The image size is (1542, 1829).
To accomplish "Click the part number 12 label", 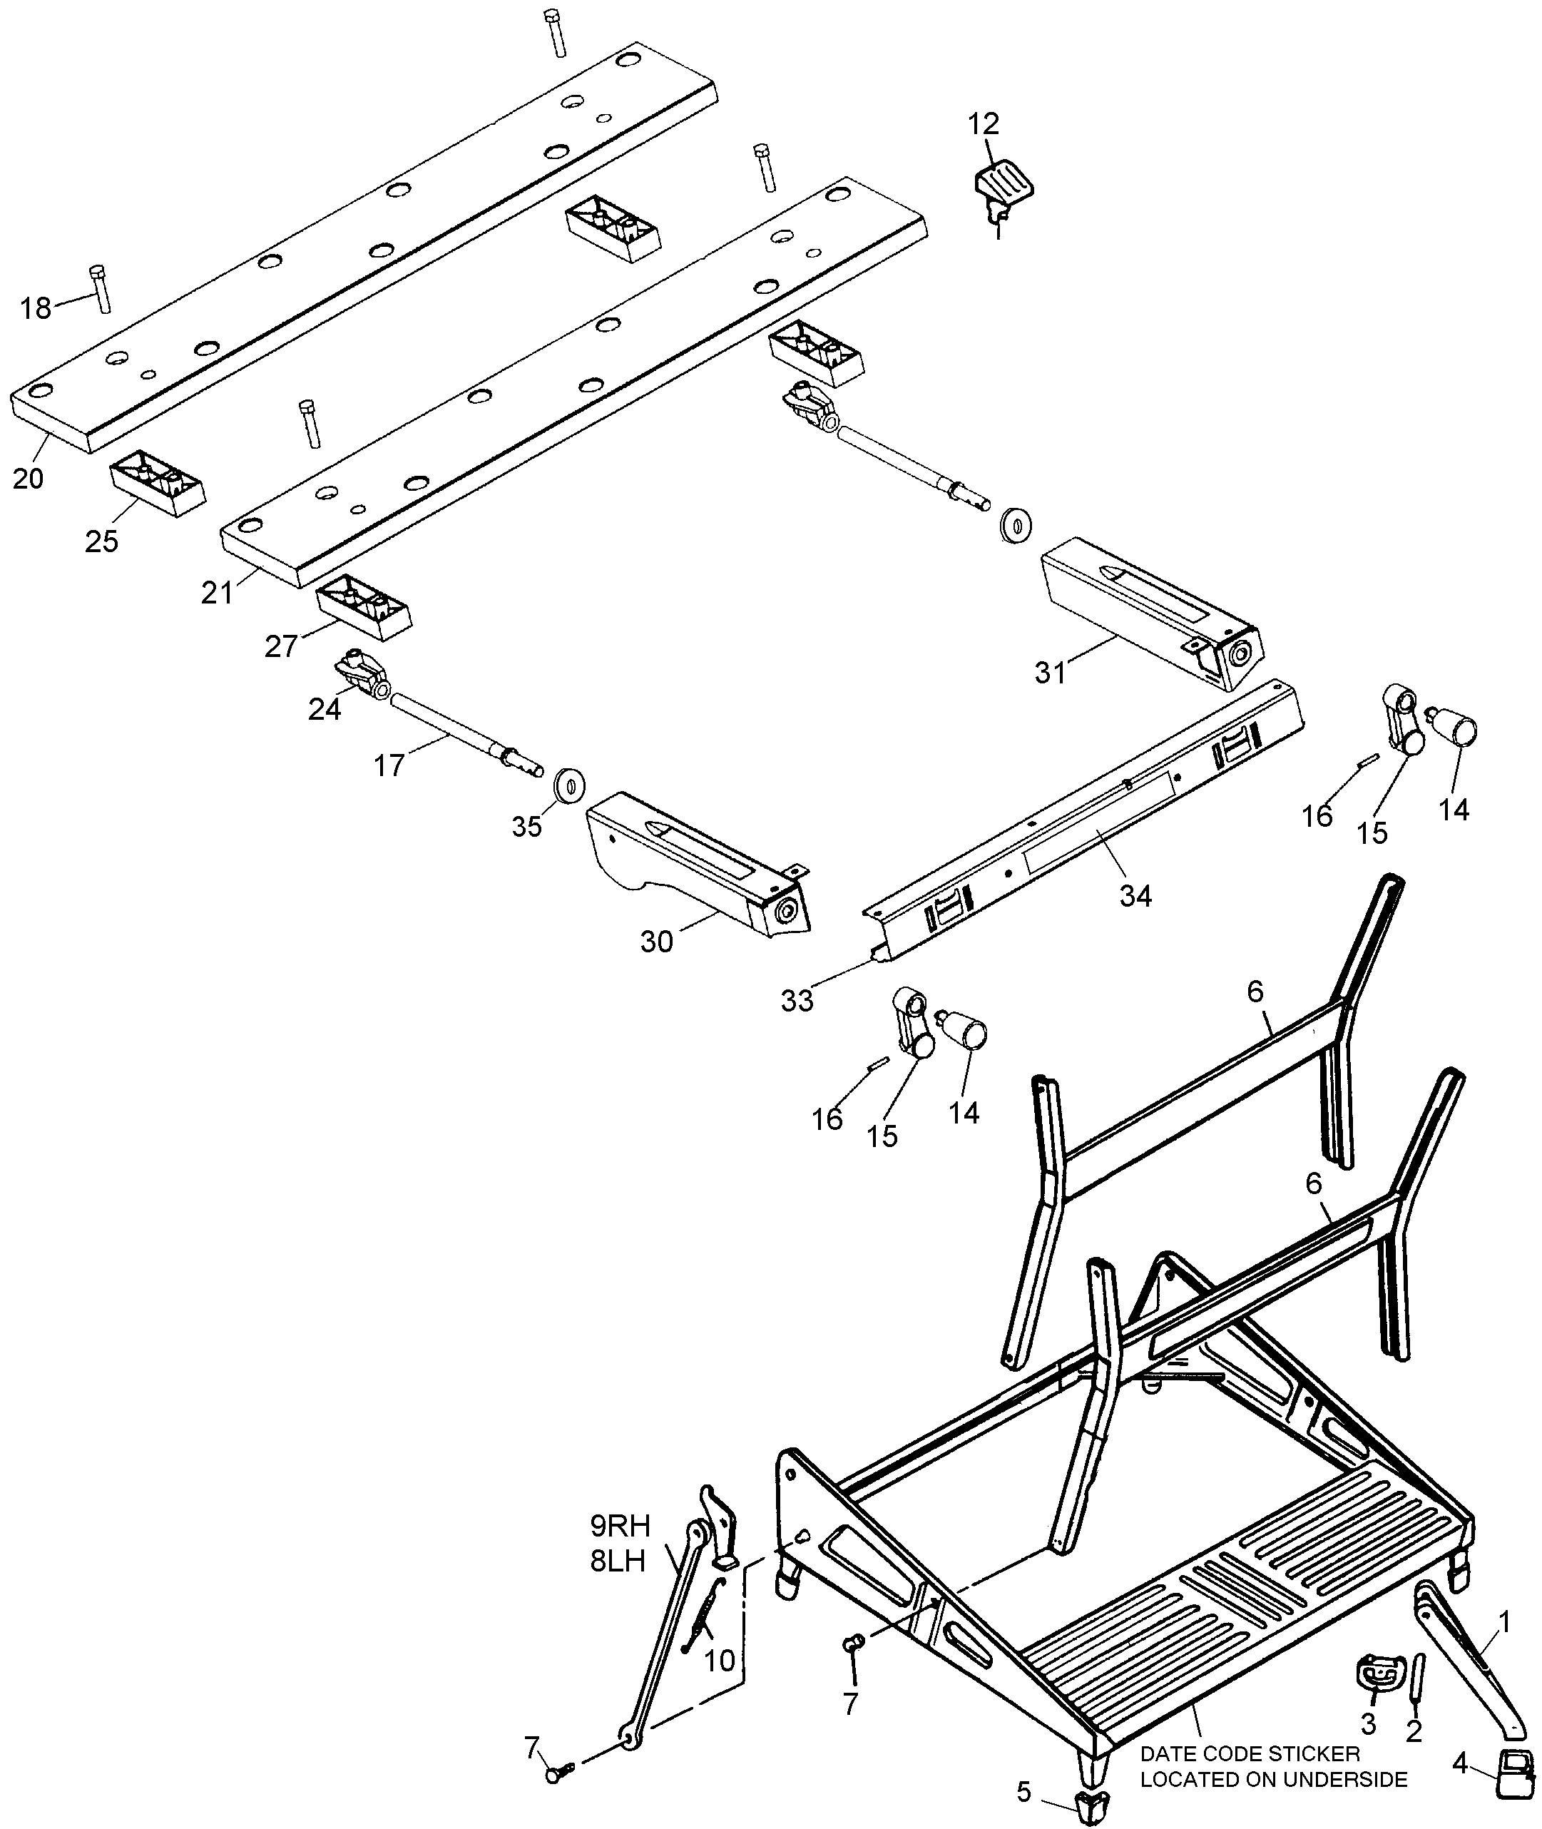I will (983, 124).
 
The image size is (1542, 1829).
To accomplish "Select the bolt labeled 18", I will (101, 287).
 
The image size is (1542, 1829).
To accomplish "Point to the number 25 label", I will (101, 542).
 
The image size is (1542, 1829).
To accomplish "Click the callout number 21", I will (218, 593).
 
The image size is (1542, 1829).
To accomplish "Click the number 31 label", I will (1051, 673).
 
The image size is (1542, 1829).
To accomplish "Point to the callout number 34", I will (1135, 895).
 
